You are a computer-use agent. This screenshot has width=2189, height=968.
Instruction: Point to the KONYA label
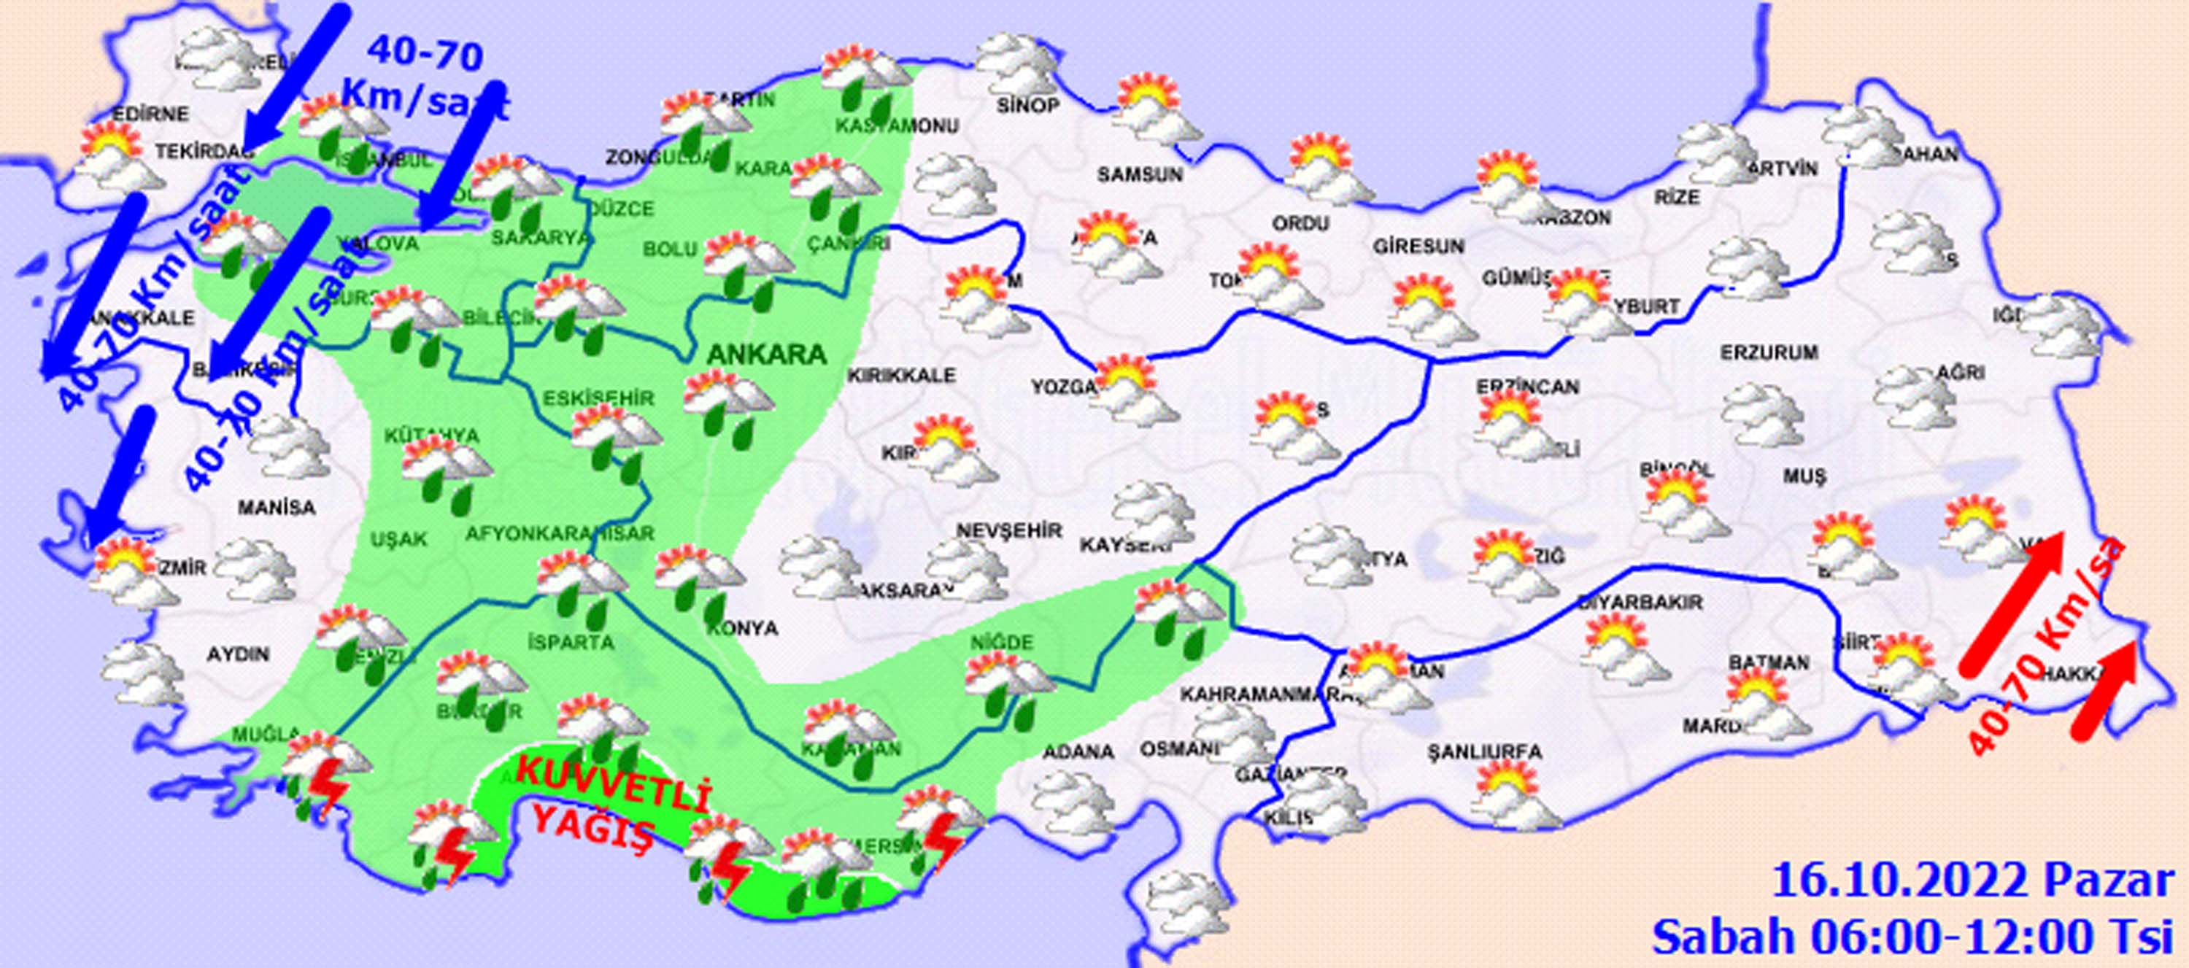point(742,628)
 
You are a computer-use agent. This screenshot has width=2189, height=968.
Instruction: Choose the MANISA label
point(276,508)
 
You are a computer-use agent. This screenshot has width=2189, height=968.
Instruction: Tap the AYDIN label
point(238,654)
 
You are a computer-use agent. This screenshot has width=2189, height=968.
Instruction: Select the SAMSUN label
point(1140,175)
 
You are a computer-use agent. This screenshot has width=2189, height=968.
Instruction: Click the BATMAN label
point(1769,662)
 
